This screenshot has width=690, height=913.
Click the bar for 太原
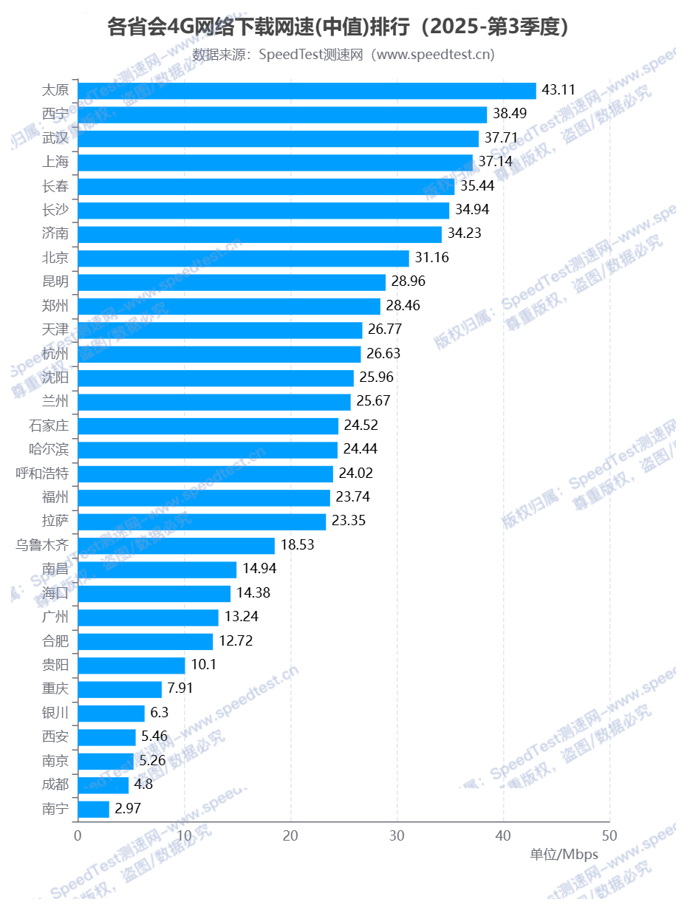[x=307, y=90]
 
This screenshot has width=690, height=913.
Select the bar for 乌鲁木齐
[x=176, y=546]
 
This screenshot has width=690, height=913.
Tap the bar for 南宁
[x=93, y=809]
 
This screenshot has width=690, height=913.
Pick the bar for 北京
[x=243, y=258]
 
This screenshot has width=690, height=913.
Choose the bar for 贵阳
[x=131, y=666]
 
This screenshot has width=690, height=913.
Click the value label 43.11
[x=559, y=90]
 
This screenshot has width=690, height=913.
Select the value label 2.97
[x=128, y=809]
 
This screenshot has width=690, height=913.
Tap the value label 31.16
[x=432, y=258]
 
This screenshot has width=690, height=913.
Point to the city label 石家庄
[x=49, y=425]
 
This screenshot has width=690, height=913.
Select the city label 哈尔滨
[x=49, y=450]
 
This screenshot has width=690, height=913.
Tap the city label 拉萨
[x=55, y=522]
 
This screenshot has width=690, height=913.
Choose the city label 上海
[x=55, y=162]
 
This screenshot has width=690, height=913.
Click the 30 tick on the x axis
[x=397, y=835]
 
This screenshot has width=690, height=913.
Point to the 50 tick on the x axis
[x=609, y=835]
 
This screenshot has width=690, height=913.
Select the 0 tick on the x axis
[x=78, y=835]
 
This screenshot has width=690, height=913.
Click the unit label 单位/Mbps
[x=564, y=855]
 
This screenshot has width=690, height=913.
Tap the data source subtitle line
[x=344, y=55]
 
